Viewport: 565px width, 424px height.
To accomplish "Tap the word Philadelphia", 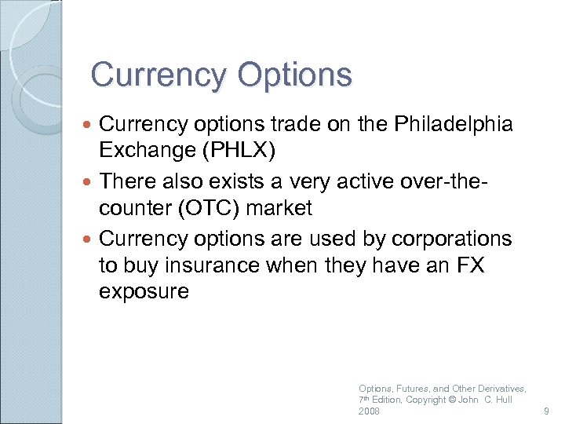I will point(454,124).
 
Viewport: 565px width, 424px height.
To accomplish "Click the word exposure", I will point(144,292).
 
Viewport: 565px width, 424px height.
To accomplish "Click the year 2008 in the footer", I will point(369,411).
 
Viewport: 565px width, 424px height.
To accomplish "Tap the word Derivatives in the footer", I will point(500,389).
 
